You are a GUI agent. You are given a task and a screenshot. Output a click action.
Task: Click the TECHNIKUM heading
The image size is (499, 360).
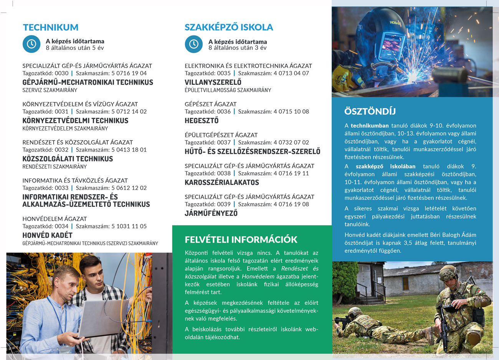click(x=51, y=27)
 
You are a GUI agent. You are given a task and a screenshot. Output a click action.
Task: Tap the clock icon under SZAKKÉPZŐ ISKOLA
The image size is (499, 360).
click(x=194, y=44)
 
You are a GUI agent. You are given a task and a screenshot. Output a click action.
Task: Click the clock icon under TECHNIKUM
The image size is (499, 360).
click(x=31, y=44)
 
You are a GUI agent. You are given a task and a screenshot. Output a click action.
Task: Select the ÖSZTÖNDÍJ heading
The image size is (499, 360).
click(x=370, y=111)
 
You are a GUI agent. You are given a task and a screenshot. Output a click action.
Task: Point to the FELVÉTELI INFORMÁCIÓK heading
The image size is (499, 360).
click(x=241, y=239)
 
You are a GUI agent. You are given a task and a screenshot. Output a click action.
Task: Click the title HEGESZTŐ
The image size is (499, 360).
click(x=202, y=121)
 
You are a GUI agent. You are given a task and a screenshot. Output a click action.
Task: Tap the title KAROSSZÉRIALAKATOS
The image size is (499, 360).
click(x=222, y=182)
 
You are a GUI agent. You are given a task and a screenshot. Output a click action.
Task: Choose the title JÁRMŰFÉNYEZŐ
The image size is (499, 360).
click(x=211, y=213)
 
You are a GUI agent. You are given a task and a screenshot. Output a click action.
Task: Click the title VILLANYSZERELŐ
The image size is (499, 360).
click(x=213, y=82)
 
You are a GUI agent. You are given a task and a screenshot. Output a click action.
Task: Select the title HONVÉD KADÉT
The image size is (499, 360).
click(x=47, y=235)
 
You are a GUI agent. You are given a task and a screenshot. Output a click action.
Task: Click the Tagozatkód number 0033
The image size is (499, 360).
click(x=61, y=188)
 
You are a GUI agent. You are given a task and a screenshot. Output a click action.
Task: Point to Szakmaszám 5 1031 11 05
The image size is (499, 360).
click(x=129, y=226)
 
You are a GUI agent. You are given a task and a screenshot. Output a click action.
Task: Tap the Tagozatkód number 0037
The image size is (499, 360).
click(x=224, y=142)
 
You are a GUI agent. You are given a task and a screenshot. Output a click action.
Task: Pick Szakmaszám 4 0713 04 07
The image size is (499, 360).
click(x=291, y=73)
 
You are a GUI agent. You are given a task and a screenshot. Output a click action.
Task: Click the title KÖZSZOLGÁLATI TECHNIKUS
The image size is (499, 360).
click(x=68, y=159)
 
